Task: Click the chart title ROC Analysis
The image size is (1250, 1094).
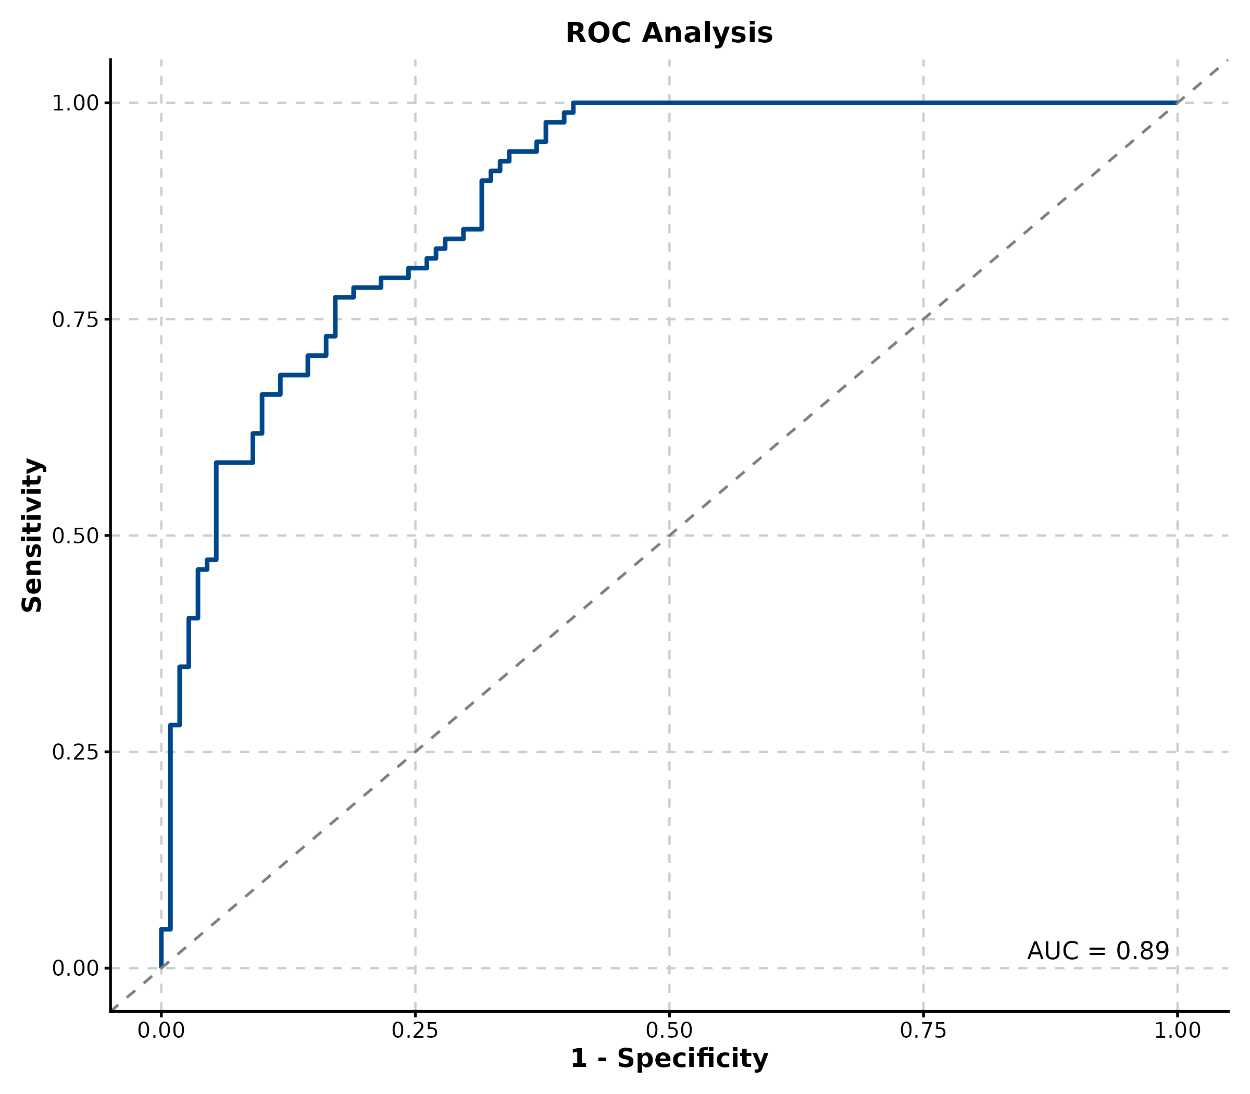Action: click(x=669, y=33)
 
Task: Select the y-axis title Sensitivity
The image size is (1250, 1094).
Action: click(x=32, y=535)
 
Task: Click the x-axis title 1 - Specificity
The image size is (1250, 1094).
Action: click(x=669, y=1059)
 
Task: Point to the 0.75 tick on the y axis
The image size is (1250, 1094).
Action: click(x=75, y=319)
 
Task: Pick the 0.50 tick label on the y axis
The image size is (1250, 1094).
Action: click(x=75, y=536)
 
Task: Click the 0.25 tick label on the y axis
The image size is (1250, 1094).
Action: click(x=75, y=752)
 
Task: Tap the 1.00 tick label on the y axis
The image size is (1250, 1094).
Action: click(x=75, y=103)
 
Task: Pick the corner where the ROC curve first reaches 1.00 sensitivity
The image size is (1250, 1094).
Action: click(x=573, y=103)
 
